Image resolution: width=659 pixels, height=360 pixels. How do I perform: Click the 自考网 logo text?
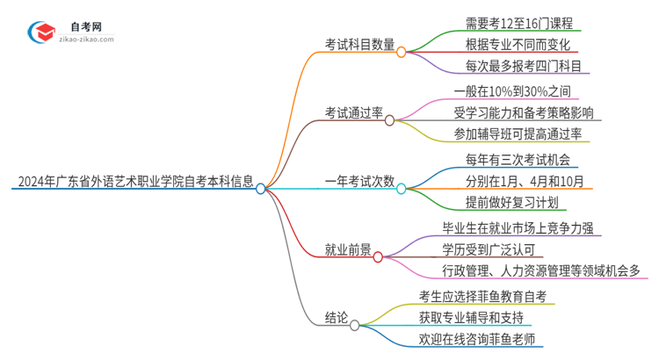(x=84, y=27)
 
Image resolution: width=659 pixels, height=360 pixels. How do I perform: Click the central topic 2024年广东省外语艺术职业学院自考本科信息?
(x=133, y=184)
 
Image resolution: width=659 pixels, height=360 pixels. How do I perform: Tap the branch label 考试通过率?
(x=353, y=112)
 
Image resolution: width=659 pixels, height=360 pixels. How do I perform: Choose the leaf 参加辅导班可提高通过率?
(x=518, y=133)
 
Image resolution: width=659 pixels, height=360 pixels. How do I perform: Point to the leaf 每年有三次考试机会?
(x=505, y=160)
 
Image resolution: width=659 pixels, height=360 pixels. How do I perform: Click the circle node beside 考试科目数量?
(x=401, y=52)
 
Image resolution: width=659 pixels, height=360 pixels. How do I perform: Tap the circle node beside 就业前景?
(x=378, y=256)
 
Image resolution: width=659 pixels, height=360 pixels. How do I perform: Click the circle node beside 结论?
(x=354, y=325)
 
